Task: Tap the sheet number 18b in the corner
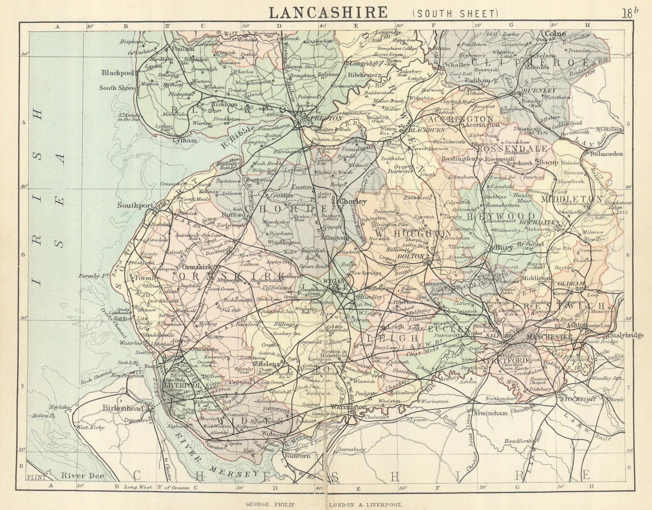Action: tap(630, 13)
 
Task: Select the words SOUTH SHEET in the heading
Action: tap(455, 13)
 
